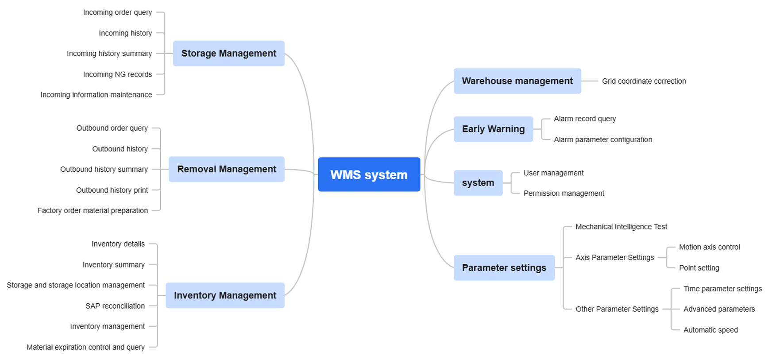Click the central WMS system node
(369, 174)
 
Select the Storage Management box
(228, 54)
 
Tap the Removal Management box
(226, 169)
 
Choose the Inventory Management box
(225, 295)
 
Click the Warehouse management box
(517, 81)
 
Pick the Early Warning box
(493, 129)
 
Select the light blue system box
(478, 183)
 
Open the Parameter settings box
(504, 267)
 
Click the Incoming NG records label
(117, 74)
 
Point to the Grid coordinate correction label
(644, 81)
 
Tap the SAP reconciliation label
(115, 306)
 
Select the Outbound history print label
(112, 190)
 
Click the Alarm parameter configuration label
(603, 139)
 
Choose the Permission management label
(564, 193)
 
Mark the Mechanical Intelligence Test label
(621, 227)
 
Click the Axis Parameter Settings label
(614, 257)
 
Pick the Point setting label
(699, 268)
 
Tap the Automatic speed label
(710, 330)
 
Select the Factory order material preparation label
(93, 210)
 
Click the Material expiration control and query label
(85, 347)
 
